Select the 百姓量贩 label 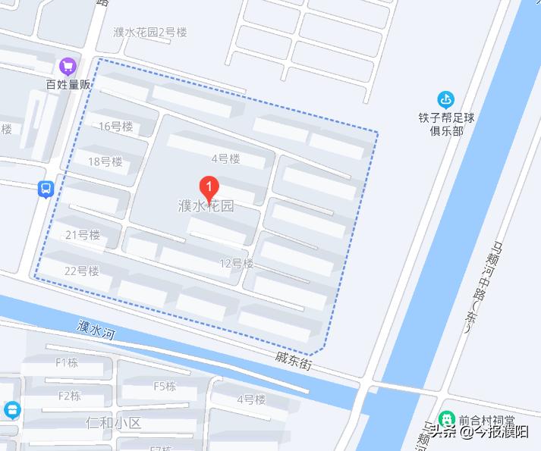click(x=68, y=84)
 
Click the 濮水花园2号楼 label click(x=149, y=33)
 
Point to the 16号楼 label click(x=115, y=127)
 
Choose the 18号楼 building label click(x=105, y=161)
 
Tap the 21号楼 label click(x=83, y=235)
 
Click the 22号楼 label click(x=82, y=271)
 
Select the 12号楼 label click(x=236, y=264)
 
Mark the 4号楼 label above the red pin click(x=225, y=158)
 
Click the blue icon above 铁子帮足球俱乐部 click(x=445, y=99)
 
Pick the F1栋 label click(x=67, y=362)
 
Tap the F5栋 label click(x=165, y=386)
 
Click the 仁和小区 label click(x=114, y=422)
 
